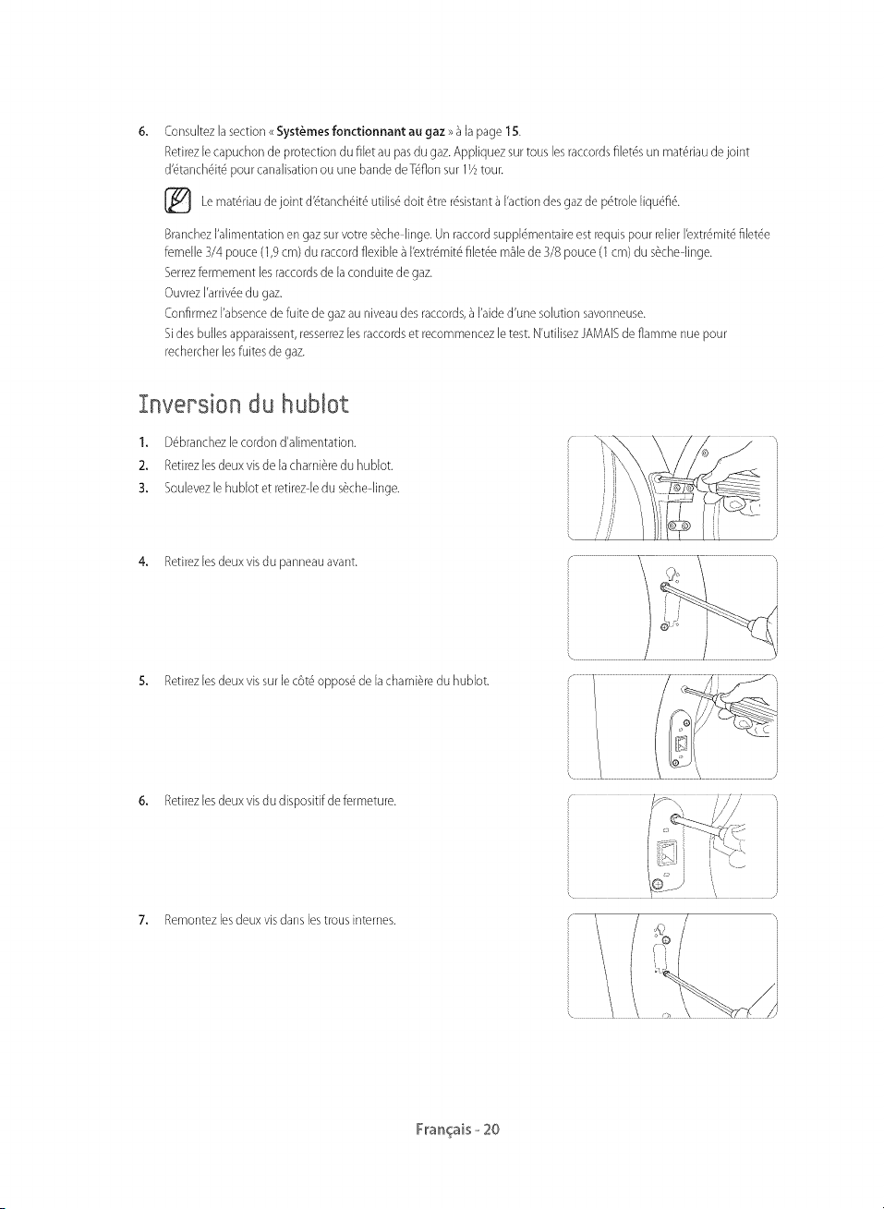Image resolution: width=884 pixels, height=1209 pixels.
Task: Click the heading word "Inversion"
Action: pyautogui.click(x=188, y=405)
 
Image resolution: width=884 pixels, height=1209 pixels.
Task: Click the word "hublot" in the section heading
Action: pyautogui.click(x=315, y=405)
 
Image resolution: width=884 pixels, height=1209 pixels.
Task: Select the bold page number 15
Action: pyautogui.click(x=512, y=131)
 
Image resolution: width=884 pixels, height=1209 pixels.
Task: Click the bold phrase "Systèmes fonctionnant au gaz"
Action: pyautogui.click(x=360, y=131)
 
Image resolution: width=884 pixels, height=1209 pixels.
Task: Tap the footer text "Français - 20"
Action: pyautogui.click(x=457, y=1130)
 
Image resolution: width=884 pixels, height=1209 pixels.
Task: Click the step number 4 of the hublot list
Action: pyautogui.click(x=142, y=562)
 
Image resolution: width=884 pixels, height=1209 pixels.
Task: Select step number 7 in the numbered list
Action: pyautogui.click(x=142, y=920)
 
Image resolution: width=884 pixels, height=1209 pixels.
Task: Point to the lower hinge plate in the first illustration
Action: pyautogui.click(x=679, y=526)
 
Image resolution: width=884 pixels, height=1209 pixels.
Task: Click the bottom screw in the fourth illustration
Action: pyautogui.click(x=658, y=884)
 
